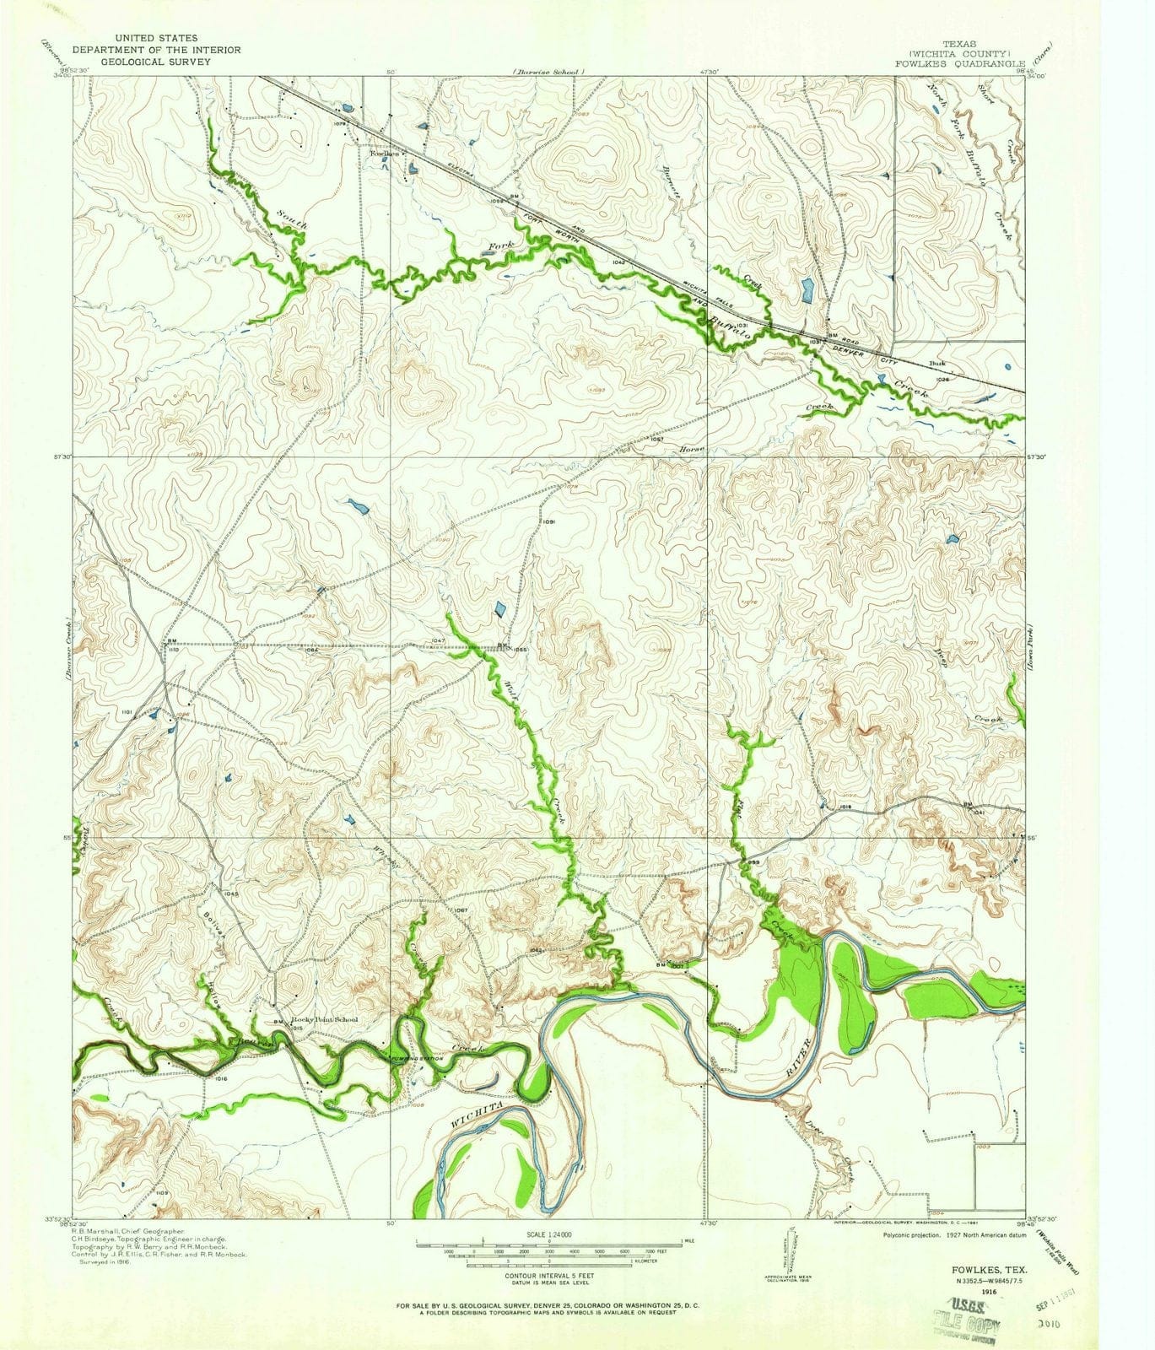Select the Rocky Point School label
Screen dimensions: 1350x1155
tap(325, 1020)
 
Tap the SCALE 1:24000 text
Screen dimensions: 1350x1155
tap(548, 1235)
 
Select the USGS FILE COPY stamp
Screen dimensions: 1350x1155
tap(964, 1321)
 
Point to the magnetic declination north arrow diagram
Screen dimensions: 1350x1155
tap(791, 1255)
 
